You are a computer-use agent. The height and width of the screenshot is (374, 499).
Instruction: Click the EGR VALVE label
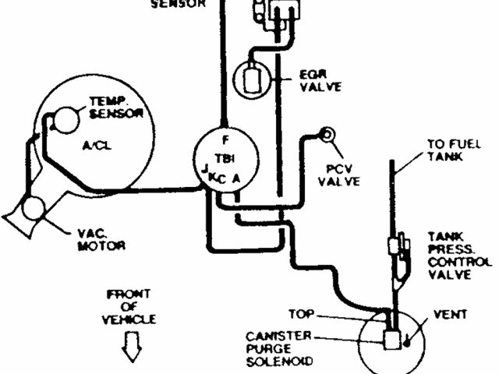(x=320, y=81)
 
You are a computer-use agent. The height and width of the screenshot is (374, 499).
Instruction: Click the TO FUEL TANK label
(x=445, y=150)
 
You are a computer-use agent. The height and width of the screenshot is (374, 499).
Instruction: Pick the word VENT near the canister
(x=450, y=316)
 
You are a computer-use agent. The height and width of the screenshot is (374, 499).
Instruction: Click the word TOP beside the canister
(x=301, y=315)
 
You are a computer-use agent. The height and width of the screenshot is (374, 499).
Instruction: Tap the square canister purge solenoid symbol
(x=389, y=339)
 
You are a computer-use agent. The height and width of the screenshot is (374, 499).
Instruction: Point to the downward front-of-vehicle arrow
(x=132, y=344)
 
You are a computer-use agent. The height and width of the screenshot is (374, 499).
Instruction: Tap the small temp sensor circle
(x=64, y=119)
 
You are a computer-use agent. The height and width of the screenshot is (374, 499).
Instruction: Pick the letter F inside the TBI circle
(x=225, y=141)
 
